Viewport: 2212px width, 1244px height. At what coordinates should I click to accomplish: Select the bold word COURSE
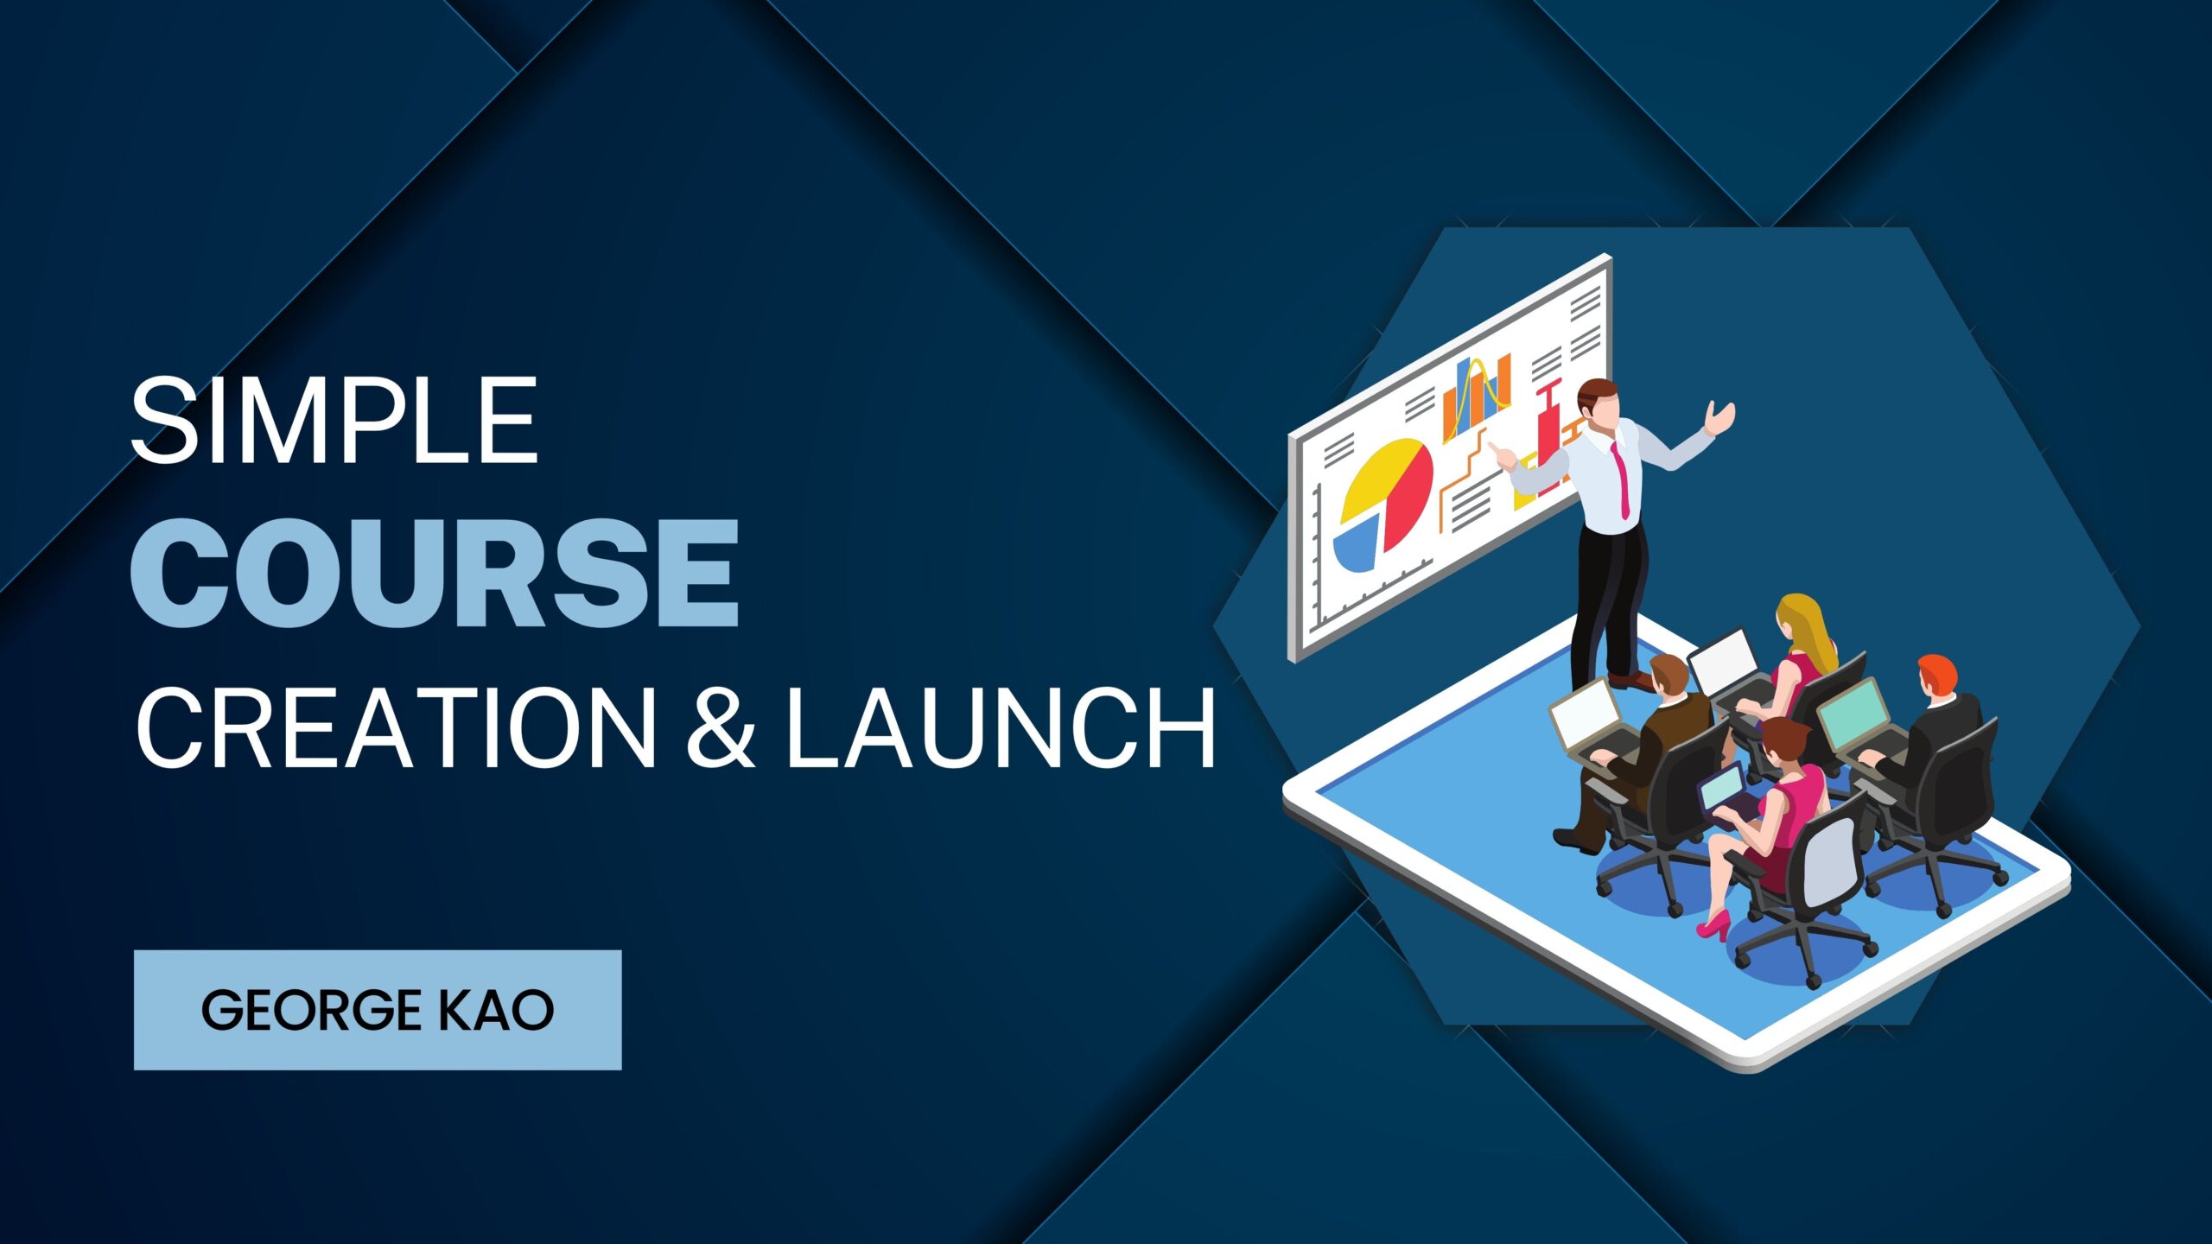pos(435,573)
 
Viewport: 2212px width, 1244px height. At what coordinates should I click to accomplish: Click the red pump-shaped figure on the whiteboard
pos(1551,432)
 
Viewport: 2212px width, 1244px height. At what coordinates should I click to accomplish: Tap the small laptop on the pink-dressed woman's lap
pos(1723,794)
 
